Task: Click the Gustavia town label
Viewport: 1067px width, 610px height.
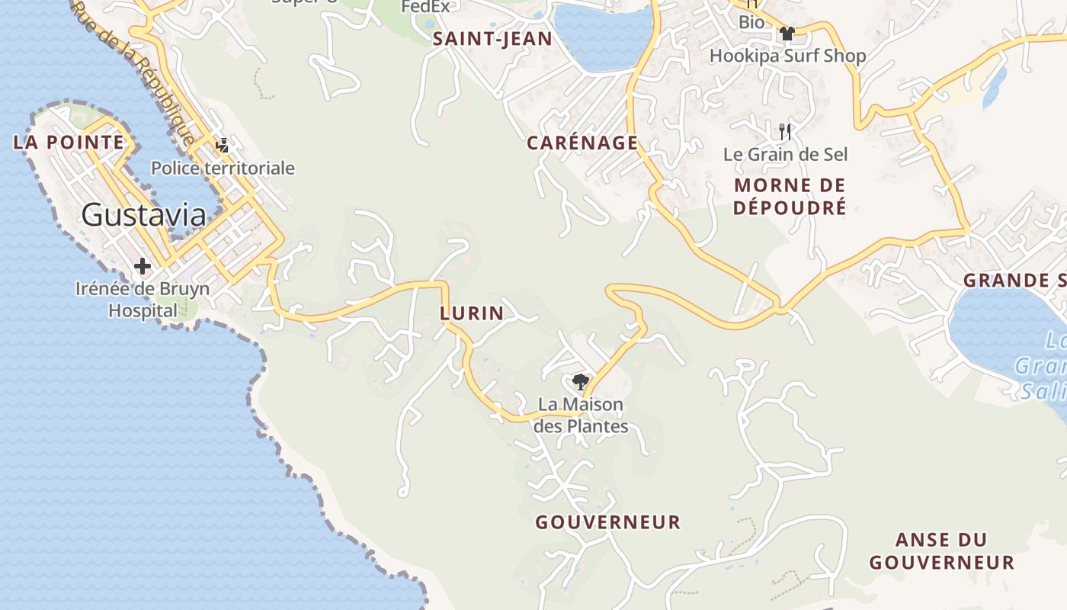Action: point(143,215)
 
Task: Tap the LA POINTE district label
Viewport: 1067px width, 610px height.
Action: point(69,142)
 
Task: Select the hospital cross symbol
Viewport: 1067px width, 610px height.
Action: point(143,266)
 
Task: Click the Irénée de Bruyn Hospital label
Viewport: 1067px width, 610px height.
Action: point(143,300)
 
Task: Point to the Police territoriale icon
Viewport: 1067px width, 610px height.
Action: point(223,145)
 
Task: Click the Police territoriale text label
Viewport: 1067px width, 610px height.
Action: point(223,168)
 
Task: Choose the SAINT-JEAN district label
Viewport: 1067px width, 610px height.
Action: point(492,40)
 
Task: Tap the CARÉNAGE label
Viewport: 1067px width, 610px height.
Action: point(582,143)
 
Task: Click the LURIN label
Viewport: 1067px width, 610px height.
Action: point(472,313)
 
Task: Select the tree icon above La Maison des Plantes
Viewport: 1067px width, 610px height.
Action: point(581,381)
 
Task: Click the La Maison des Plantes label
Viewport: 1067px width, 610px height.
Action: point(581,415)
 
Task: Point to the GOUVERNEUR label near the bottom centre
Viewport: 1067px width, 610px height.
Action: point(607,522)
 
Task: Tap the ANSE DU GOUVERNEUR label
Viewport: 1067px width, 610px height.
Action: point(941,551)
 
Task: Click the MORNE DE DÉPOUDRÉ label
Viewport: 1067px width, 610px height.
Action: point(790,196)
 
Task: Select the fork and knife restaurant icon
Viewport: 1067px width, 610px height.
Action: point(786,131)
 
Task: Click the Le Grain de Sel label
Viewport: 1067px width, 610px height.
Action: point(785,154)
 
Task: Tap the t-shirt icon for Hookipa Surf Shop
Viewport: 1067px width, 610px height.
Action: point(787,34)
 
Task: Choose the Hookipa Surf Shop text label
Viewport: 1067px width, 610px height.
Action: point(787,56)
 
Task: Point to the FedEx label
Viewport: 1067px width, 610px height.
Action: point(426,7)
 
